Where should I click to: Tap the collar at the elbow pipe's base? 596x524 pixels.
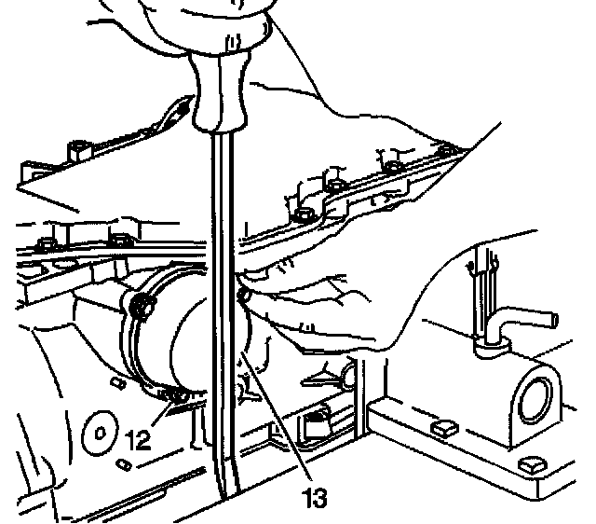[486, 350]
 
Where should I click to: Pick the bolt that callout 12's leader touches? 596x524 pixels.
[173, 400]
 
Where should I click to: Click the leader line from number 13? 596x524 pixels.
[279, 420]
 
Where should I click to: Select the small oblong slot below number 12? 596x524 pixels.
[123, 463]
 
